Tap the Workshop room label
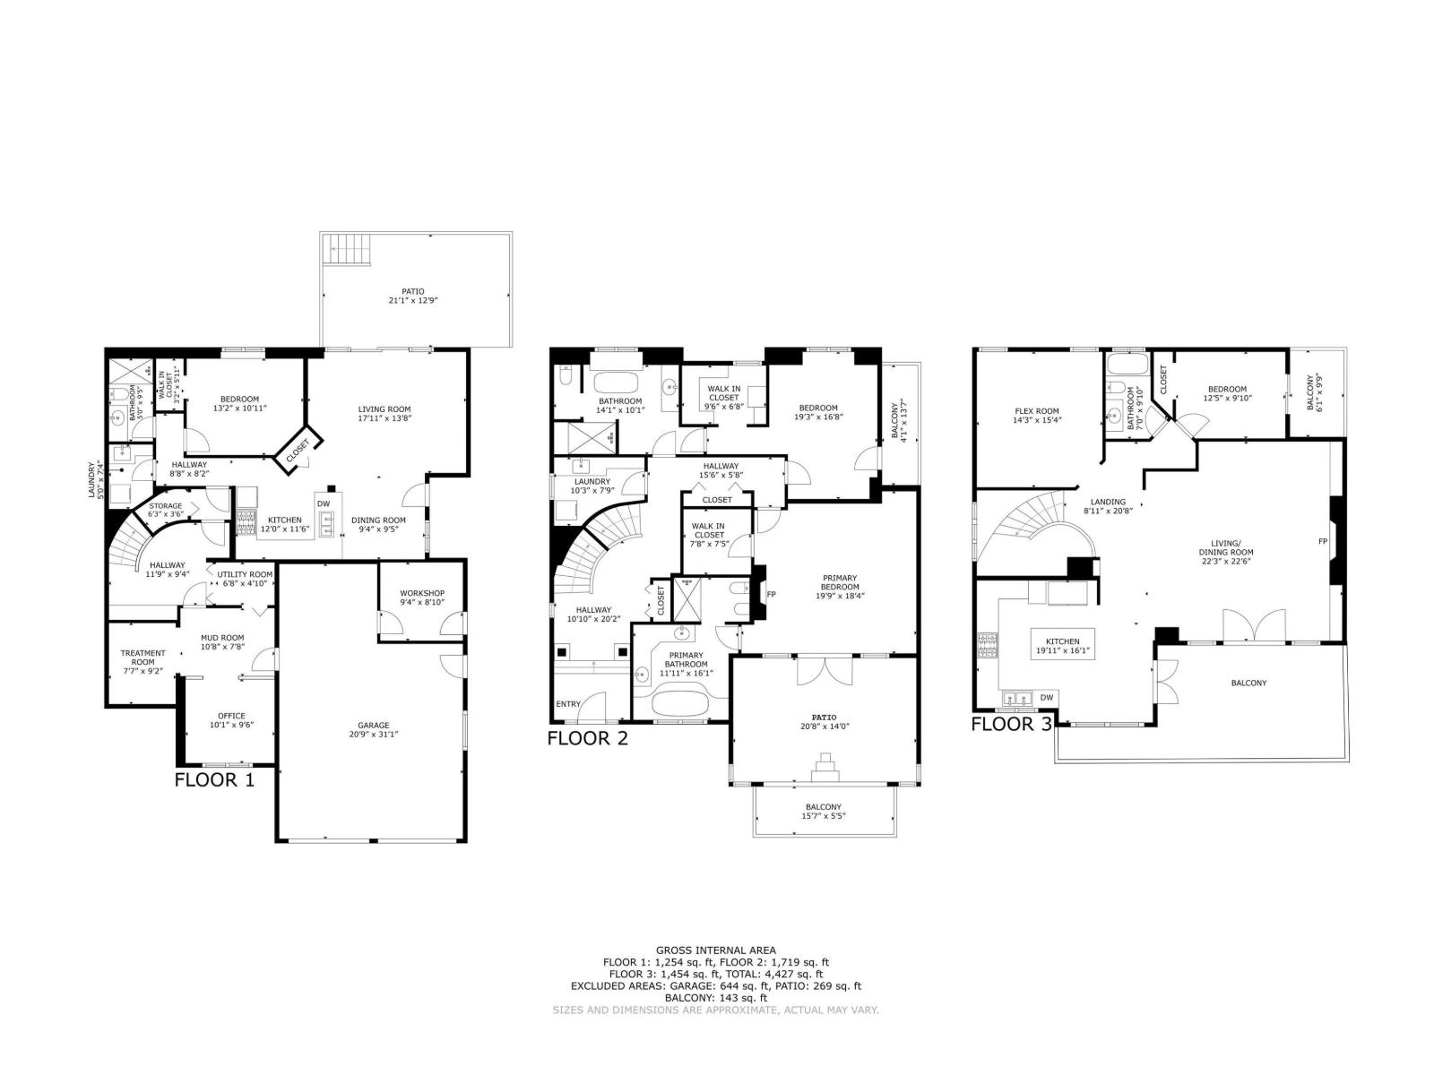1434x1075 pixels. point(421,593)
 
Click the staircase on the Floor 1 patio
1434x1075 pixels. point(348,249)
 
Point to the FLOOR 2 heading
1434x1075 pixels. point(587,738)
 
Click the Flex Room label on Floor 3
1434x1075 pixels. point(1036,411)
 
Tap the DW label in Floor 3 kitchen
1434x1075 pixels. point(1046,697)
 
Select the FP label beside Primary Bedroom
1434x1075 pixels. point(772,594)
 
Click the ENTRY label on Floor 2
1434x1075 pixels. point(568,704)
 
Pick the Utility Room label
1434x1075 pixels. point(245,574)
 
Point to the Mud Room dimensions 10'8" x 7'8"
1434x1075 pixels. point(221,647)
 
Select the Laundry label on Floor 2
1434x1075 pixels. point(592,481)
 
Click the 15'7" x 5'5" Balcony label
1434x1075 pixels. point(823,811)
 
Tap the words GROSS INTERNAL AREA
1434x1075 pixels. point(715,950)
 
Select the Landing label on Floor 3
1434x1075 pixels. point(1108,502)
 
